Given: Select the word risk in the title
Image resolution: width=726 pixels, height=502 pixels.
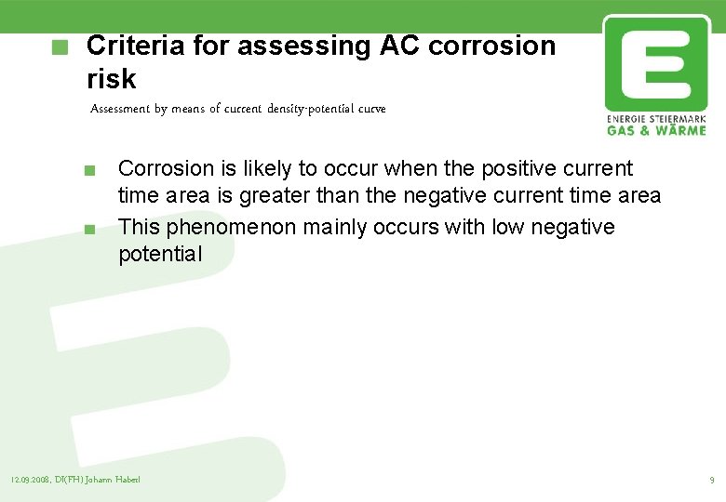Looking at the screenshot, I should (x=111, y=79).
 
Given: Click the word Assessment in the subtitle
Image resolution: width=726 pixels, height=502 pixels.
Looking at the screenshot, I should (x=121, y=109).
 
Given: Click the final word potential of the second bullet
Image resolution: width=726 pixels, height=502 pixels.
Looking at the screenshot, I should (x=159, y=254).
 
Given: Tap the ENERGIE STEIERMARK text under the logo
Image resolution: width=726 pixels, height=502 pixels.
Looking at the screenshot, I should (x=655, y=120).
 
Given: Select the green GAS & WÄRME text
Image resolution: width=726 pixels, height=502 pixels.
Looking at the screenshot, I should (x=655, y=130).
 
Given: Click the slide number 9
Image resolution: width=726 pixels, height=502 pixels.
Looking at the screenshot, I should (x=711, y=480).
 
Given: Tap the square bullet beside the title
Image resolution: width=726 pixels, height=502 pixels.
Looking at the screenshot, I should (x=60, y=46).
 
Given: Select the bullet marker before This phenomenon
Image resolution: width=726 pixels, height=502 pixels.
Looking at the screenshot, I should (x=88, y=229).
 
